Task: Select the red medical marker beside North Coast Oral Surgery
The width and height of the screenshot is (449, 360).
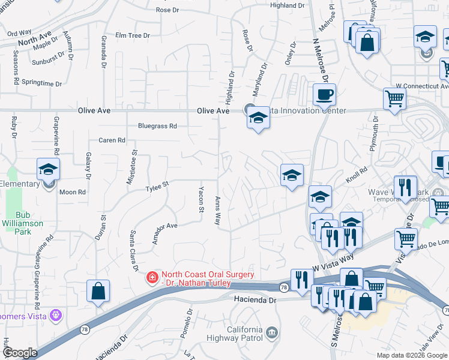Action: (152, 277)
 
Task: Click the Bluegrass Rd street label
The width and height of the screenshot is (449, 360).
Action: (157, 127)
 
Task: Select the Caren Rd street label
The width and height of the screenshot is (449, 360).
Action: (112, 140)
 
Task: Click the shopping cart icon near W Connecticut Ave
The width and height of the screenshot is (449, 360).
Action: (394, 98)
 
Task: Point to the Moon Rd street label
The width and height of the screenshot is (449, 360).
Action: (73, 192)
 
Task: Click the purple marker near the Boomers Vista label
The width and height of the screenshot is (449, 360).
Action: (56, 314)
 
